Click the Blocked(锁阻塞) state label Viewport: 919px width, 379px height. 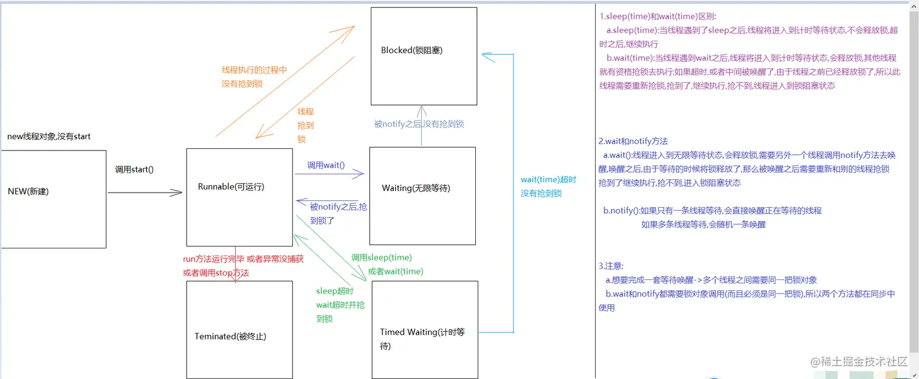click(x=411, y=50)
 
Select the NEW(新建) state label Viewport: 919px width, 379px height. click(x=28, y=191)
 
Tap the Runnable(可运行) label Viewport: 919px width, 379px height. click(x=231, y=187)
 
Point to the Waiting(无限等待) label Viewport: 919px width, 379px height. click(x=416, y=188)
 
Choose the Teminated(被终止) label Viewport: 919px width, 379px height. click(x=230, y=336)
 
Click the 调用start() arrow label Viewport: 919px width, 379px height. click(x=134, y=169)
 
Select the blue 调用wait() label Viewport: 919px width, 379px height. click(x=326, y=165)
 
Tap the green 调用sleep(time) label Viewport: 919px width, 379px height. click(x=381, y=258)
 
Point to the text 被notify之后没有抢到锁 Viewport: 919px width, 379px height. click(x=419, y=124)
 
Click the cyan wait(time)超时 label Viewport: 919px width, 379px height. click(x=548, y=180)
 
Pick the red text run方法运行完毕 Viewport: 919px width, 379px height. click(x=213, y=259)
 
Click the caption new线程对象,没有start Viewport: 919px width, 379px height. click(x=49, y=137)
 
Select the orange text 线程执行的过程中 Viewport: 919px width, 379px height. click(x=254, y=70)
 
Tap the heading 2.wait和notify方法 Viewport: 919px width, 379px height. click(x=633, y=141)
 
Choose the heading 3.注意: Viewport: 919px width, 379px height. click(x=611, y=266)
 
